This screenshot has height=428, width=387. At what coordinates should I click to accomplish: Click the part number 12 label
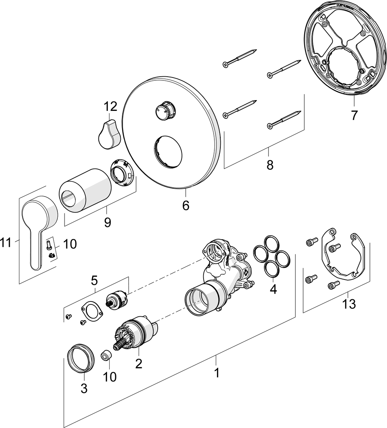pos(110,107)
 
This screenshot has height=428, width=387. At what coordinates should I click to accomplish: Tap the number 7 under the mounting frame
pos(353,115)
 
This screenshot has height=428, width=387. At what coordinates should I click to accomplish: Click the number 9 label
pos(107,222)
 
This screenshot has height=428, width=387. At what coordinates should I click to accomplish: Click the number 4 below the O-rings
pos(273,289)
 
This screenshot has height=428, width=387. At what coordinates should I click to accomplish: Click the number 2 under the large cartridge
pos(139,363)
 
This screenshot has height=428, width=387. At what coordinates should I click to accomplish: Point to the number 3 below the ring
pos(84,389)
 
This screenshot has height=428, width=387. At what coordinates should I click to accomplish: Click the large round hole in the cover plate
pos(166,151)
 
